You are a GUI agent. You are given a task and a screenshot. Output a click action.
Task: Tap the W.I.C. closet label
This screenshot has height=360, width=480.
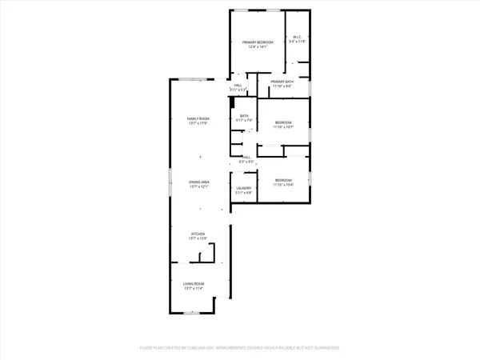tap(296, 36)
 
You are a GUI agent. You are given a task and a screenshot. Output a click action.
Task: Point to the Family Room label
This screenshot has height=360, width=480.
tap(198, 118)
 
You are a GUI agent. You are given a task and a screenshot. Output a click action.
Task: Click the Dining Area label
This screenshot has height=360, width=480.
tap(199, 182)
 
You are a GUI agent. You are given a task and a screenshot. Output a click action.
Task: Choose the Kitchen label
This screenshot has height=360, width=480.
tap(198, 234)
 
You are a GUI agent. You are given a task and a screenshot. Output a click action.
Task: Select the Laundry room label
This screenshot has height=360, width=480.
tap(243, 189)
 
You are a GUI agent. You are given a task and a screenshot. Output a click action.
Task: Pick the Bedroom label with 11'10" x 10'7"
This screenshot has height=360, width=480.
tap(283, 122)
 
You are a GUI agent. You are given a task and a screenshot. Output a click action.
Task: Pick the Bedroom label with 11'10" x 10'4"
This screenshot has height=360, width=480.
tap(283, 180)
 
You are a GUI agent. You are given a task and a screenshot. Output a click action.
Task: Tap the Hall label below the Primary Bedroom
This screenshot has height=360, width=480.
tap(238, 85)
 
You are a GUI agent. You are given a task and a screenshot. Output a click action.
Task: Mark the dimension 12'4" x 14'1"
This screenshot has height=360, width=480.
tap(258, 46)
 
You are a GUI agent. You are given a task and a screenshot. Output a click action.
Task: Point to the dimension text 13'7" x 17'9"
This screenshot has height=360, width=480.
tap(198, 123)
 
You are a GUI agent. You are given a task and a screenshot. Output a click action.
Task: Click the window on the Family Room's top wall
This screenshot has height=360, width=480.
tap(190, 78)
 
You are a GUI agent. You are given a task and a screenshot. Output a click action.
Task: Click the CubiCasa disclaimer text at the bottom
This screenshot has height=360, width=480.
tap(240, 347)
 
